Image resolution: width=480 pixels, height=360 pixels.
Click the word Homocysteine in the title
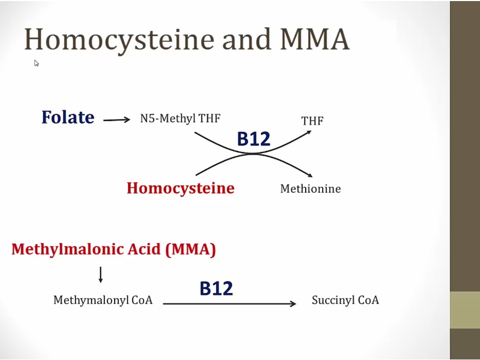tap(118, 39)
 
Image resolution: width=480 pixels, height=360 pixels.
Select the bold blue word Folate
tap(68, 117)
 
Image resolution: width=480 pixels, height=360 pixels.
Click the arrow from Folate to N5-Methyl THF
tap(116, 120)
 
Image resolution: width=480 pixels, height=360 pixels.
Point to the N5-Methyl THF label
tap(180, 118)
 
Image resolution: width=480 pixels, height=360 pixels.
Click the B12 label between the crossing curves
tap(253, 139)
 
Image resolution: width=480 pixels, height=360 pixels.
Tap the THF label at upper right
tap(312, 121)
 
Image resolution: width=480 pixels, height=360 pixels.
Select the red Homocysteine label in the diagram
tap(180, 188)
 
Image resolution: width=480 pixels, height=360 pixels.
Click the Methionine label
tap(310, 189)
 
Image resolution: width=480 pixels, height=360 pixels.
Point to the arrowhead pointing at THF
tap(308, 132)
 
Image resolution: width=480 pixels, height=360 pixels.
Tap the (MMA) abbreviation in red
tap(190, 249)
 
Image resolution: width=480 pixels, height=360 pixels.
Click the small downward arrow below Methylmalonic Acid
tap(100, 275)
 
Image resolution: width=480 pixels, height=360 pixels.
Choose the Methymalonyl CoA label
tap(103, 300)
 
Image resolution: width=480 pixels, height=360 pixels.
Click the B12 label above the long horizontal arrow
tap(216, 289)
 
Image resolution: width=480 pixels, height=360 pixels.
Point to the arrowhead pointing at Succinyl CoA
tap(293, 303)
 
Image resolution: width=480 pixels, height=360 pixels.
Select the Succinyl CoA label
tap(345, 300)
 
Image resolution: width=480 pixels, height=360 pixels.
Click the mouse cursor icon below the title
tap(37, 63)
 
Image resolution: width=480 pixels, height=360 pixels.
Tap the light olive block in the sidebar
tap(465, 310)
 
